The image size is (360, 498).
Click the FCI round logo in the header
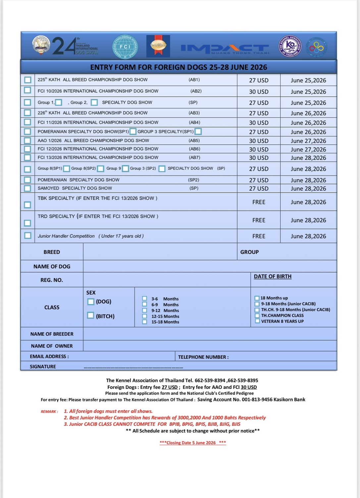coord(125,47)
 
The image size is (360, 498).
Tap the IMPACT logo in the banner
coord(225,48)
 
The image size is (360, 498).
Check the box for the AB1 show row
coord(28,80)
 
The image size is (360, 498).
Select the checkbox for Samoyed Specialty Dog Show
coord(28,188)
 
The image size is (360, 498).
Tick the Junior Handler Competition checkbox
coord(28,236)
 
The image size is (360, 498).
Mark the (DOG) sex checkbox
coord(91,301)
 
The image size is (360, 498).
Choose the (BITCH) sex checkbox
coord(91,315)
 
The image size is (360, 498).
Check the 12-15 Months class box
coord(145,316)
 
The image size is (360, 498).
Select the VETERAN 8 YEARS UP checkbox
coord(257,321)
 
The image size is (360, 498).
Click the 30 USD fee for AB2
coord(259,92)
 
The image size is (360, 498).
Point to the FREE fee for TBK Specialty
coord(259,202)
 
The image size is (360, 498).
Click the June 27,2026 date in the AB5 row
coord(308,141)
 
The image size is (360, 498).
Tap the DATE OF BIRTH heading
coord(273,276)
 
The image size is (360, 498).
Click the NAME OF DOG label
coord(52,266)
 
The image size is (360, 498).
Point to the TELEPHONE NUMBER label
coord(203,357)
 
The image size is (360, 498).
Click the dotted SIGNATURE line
coord(133,367)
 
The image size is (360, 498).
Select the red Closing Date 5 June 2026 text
coord(193,443)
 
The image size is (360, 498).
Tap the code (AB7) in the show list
coord(194,158)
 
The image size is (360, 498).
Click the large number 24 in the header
coord(64,46)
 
